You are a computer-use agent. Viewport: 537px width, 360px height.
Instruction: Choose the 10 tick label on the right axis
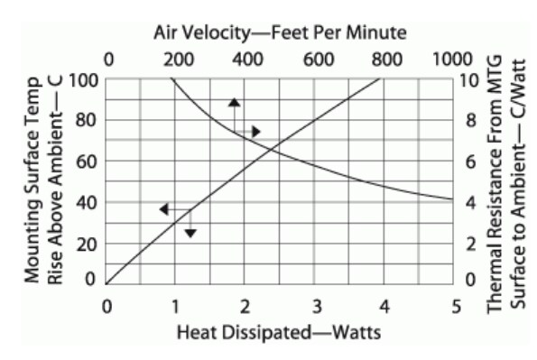(x=473, y=79)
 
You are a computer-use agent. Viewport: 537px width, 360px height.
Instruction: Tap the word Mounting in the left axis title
(x=32, y=246)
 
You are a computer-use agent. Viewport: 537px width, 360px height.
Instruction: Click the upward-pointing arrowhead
(x=234, y=102)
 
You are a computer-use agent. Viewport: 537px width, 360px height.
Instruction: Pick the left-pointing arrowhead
(x=163, y=209)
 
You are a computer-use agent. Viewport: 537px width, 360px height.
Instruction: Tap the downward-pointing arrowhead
(x=190, y=233)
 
